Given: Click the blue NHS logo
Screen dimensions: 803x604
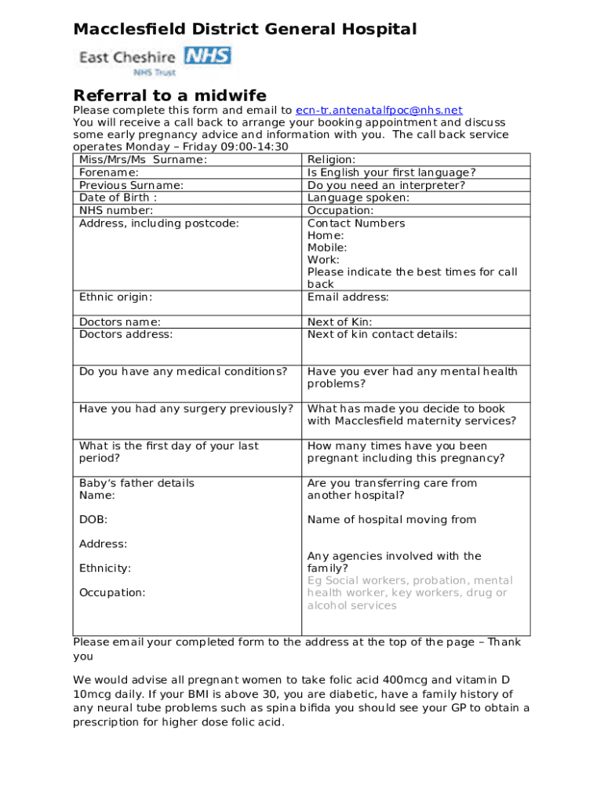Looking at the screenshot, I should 208,56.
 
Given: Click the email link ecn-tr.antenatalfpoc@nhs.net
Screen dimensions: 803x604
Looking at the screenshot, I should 379,111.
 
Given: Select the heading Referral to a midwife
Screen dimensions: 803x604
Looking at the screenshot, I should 169,95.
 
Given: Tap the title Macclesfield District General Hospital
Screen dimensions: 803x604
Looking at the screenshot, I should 245,30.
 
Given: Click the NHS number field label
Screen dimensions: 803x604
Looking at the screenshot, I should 116,210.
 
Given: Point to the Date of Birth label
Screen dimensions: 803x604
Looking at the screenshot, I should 118,198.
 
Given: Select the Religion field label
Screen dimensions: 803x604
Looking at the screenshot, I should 332,160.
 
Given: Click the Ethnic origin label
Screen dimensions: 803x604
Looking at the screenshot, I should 116,296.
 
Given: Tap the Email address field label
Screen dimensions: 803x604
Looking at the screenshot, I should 347,296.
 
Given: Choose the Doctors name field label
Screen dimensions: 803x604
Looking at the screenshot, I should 120,322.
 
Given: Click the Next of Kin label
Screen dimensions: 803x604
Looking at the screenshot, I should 340,322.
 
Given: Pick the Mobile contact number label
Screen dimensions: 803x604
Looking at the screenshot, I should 327,247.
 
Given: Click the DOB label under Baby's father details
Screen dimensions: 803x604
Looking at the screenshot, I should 93,519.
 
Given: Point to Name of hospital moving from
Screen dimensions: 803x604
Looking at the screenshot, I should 391,519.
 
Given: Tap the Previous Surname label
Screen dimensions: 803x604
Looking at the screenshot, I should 132,185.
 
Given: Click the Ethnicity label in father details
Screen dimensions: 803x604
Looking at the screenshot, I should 105,568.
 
